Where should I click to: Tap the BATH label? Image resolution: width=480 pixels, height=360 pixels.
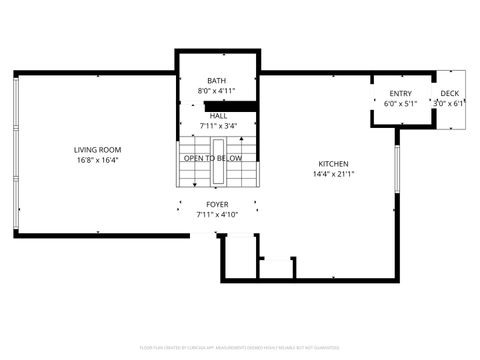pyautogui.click(x=217, y=81)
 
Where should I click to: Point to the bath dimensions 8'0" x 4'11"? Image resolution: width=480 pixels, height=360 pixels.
pyautogui.click(x=217, y=92)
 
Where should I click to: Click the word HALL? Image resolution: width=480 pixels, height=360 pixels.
pyautogui.click(x=218, y=116)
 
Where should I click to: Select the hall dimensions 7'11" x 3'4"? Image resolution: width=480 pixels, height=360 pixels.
pyautogui.click(x=218, y=127)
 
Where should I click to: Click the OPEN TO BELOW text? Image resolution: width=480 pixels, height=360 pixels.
pyautogui.click(x=213, y=158)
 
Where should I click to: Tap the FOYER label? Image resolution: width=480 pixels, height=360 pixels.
pyautogui.click(x=217, y=204)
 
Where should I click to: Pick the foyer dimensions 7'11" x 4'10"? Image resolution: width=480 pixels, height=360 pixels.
pyautogui.click(x=217, y=215)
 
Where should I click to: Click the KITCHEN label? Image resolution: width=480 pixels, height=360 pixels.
pyautogui.click(x=333, y=164)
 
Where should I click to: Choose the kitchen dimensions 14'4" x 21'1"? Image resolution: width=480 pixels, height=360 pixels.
pyautogui.click(x=333, y=175)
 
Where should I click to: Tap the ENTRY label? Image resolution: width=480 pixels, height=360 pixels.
pyautogui.click(x=400, y=93)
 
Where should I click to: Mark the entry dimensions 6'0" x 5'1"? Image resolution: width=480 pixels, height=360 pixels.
pyautogui.click(x=400, y=103)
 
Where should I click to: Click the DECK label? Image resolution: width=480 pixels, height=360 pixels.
pyautogui.click(x=450, y=93)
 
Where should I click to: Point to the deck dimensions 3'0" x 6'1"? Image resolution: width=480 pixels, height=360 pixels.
pyautogui.click(x=450, y=103)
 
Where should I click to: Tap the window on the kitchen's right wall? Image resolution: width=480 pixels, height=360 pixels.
pyautogui.click(x=397, y=170)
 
